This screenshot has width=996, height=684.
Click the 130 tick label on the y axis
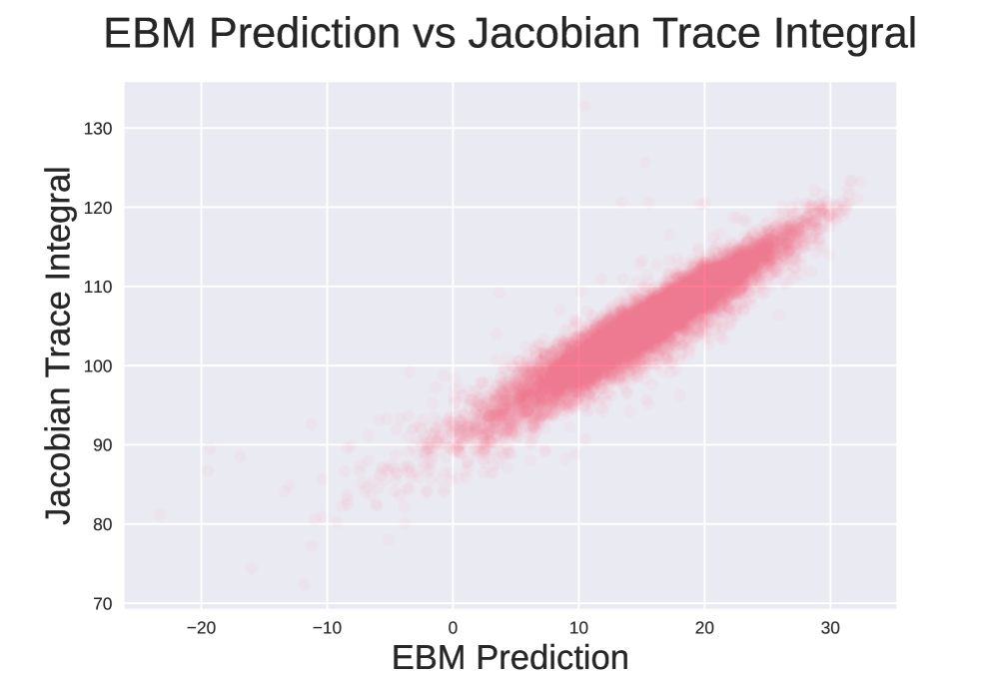pyautogui.click(x=98, y=129)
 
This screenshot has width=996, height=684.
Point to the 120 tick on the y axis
pyautogui.click(x=98, y=208)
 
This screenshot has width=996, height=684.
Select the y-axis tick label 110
pyautogui.click(x=98, y=287)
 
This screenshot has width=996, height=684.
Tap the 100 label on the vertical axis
pyautogui.click(x=98, y=366)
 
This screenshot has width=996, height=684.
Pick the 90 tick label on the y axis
pyautogui.click(x=102, y=445)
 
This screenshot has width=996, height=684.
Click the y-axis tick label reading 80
pyautogui.click(x=102, y=524)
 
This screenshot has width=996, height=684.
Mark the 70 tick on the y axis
pyautogui.click(x=102, y=604)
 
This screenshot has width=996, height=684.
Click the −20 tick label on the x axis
pyautogui.click(x=202, y=628)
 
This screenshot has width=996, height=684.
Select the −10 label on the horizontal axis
pyautogui.click(x=327, y=628)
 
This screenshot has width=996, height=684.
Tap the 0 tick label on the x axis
pyautogui.click(x=453, y=628)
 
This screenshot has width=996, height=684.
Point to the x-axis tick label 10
pyautogui.click(x=578, y=628)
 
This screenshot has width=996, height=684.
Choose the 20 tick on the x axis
pyautogui.click(x=704, y=628)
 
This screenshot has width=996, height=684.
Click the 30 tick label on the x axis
pyautogui.click(x=830, y=628)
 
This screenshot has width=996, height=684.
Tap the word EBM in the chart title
pyautogui.click(x=151, y=33)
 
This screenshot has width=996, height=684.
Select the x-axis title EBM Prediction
pyautogui.click(x=510, y=658)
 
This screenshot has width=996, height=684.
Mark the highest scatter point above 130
pyautogui.click(x=585, y=106)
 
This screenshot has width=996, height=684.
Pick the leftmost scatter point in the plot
pyautogui.click(x=159, y=514)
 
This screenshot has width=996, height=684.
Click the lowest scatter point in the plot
pyautogui.click(x=305, y=584)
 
